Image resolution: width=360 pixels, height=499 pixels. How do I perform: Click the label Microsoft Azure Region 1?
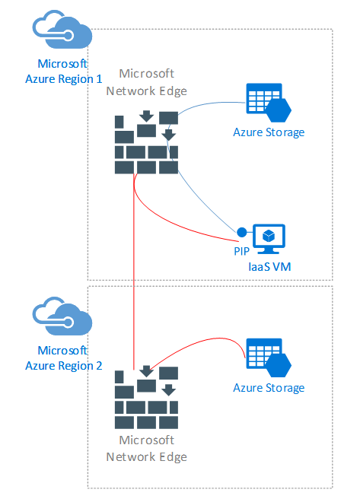pos(64,72)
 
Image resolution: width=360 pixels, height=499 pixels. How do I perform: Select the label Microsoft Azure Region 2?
pos(64,358)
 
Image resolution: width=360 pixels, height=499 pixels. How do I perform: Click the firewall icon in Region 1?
pos(146,142)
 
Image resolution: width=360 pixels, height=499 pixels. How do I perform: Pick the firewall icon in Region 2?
pos(146,397)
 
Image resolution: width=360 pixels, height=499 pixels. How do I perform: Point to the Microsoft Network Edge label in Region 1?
pos(146,82)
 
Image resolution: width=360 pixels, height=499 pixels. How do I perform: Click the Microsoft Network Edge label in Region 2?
pos(146,449)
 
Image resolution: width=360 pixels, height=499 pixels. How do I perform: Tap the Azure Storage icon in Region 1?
pos(269,103)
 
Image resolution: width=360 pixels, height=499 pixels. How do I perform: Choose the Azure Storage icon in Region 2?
pos(269,358)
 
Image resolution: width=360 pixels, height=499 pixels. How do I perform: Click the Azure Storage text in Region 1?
pos(269,132)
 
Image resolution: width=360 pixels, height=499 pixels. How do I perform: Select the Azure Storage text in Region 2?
pos(269,388)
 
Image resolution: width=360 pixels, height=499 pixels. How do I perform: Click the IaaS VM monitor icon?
pos(269,239)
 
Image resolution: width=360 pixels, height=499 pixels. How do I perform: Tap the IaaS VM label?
pos(269,267)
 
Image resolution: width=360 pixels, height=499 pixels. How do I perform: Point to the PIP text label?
pos(241,251)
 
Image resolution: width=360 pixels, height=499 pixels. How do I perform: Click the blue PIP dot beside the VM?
pos(241,232)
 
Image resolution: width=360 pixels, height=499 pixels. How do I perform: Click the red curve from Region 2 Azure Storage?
pos(204,340)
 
